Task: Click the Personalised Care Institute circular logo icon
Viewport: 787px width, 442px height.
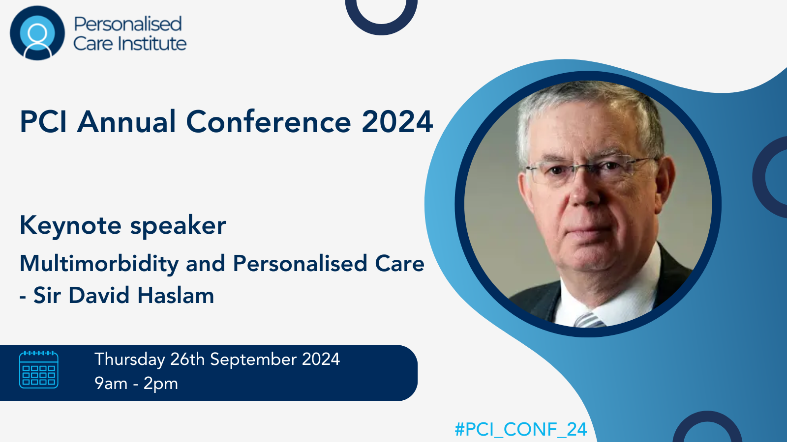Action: pos(37,33)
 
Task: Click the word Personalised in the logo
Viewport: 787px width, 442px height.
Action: pos(127,24)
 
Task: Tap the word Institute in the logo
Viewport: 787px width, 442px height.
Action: pos(152,44)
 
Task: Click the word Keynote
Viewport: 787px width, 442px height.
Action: pos(71,226)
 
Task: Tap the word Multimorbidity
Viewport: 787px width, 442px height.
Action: pos(99,264)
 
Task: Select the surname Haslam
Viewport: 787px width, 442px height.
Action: pos(176,295)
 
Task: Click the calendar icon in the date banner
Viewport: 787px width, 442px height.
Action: pos(39,370)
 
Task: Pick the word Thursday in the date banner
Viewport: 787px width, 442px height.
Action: pos(130,360)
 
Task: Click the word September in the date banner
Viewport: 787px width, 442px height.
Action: pos(253,360)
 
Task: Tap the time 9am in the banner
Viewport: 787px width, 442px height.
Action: pos(111,384)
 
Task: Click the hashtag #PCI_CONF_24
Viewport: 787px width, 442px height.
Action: pos(521,429)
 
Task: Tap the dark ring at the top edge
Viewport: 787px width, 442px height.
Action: pos(381,28)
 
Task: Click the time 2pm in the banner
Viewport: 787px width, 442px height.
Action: pos(160,384)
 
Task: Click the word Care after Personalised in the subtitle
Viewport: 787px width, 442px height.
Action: pos(399,263)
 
